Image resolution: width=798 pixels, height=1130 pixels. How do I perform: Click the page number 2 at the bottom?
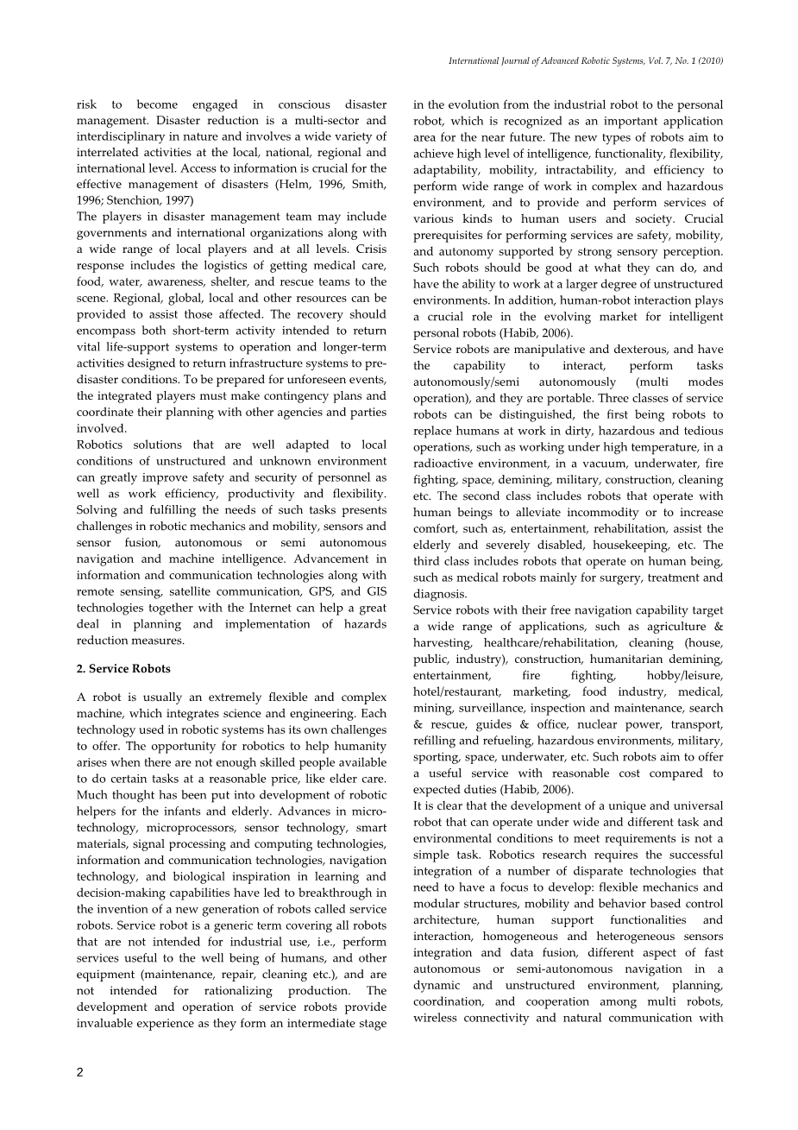pyautogui.click(x=79, y=1073)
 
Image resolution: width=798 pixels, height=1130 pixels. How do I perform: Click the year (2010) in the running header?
pyautogui.click(x=708, y=61)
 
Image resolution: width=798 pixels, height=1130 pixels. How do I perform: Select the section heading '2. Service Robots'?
pyautogui.click(x=123, y=669)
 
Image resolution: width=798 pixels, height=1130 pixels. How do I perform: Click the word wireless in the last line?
pyautogui.click(x=443, y=1019)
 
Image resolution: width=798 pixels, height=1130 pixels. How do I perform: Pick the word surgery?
pyautogui.click(x=608, y=578)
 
